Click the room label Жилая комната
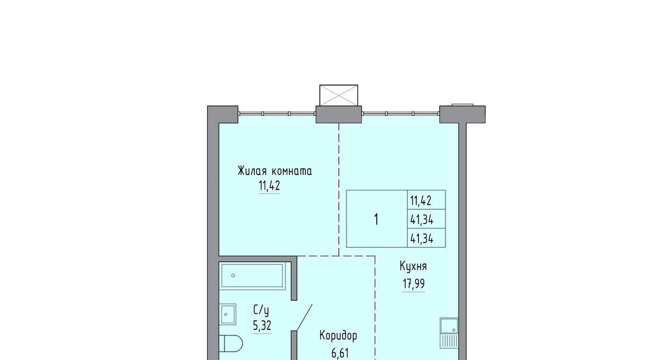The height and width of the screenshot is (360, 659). click(275, 171)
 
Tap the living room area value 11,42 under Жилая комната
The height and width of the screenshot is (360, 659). click(269, 185)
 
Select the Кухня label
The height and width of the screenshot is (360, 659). click(413, 267)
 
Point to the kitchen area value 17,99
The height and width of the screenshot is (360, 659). click(414, 284)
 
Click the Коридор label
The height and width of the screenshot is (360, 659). click(338, 336)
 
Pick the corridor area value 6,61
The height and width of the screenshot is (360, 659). click(340, 353)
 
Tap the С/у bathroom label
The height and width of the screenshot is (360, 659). click(261, 310)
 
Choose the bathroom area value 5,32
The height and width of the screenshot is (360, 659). click(262, 325)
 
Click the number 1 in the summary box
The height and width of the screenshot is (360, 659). click(376, 220)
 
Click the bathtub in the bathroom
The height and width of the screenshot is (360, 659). click(252, 275)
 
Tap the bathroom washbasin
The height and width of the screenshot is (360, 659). click(227, 314)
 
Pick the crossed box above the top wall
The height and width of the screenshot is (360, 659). click(339, 95)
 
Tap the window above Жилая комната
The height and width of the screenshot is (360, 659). click(277, 114)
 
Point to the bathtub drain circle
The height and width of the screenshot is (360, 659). click(233, 275)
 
